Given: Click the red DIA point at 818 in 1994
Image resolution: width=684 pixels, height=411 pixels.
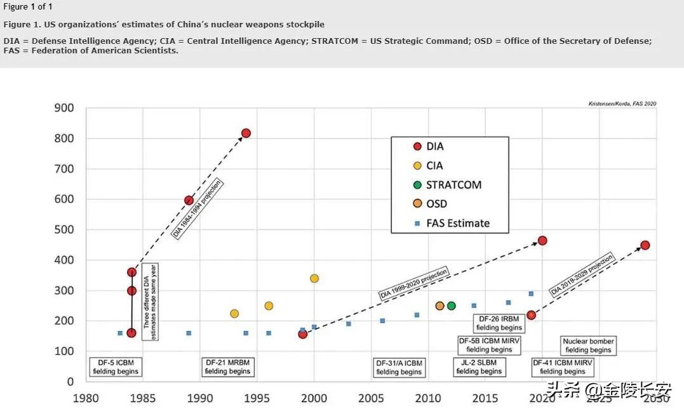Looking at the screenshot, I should point(246,133).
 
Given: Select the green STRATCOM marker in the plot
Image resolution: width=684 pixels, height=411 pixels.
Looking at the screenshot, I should point(452,306).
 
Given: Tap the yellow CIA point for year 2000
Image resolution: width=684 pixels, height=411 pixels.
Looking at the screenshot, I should point(314,278).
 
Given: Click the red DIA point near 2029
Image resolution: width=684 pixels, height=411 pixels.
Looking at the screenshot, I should point(645,245).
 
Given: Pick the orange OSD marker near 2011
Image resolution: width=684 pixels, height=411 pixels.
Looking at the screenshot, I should point(439,306).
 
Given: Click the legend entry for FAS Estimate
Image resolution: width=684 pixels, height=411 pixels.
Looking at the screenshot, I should point(457,223).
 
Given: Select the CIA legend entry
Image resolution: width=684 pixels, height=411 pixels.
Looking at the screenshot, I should point(434,165).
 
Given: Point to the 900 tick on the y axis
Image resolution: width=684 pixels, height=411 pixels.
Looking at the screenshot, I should point(65,108).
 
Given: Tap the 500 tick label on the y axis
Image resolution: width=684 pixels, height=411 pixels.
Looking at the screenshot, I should point(65,229).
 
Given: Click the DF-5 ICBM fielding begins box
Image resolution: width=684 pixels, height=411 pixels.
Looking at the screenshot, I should point(116,367).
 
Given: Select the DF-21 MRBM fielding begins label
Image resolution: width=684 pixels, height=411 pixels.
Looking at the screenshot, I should point(228,367).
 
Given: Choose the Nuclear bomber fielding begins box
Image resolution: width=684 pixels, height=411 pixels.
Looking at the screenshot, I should point(588,346).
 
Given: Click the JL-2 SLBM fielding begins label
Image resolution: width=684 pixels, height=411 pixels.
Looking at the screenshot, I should point(479,367).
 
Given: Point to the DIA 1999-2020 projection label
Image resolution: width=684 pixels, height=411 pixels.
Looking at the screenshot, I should point(414,284).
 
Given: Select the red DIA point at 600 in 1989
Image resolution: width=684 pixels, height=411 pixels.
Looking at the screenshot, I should point(189,200).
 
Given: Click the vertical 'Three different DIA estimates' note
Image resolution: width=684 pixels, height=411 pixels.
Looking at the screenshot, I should point(149,302).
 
